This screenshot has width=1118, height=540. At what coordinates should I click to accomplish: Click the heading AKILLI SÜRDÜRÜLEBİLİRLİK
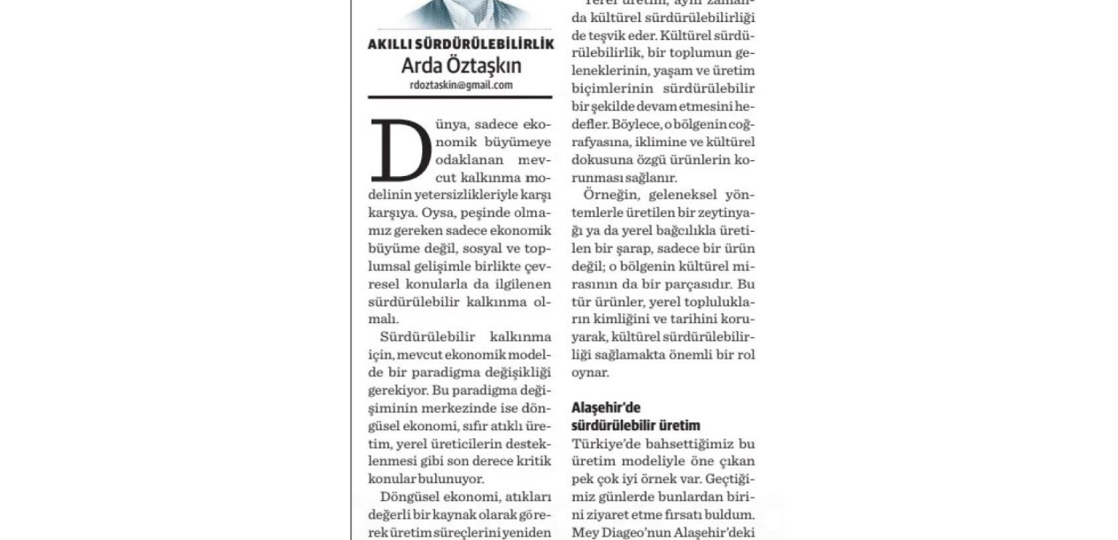461,44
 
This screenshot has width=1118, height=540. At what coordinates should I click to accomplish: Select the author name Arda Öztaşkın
461,66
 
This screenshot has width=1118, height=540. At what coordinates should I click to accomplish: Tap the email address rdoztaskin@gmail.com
461,86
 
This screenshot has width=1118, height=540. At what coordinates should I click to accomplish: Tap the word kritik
532,460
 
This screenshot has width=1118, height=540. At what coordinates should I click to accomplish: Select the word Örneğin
609,195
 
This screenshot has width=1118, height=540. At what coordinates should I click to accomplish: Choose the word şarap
630,249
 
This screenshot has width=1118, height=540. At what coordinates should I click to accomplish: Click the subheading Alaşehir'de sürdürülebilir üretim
635,416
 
